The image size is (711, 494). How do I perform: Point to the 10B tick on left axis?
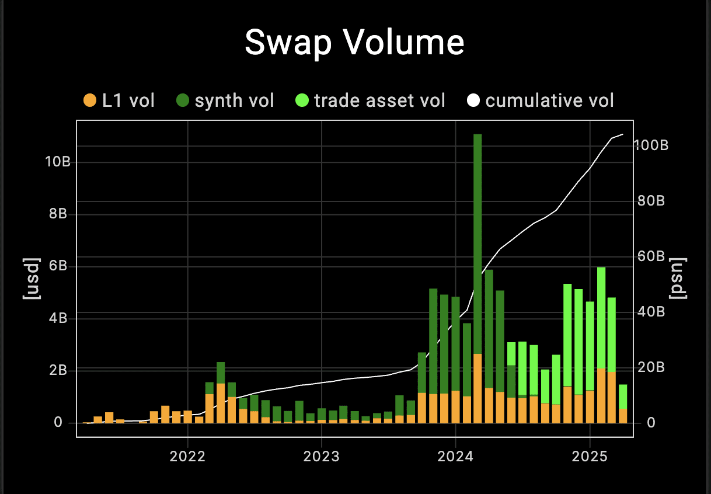pos(58,162)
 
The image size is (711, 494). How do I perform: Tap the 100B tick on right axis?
pos(650,145)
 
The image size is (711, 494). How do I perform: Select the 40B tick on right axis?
pos(650,312)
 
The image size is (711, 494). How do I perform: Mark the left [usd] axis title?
pos(30,278)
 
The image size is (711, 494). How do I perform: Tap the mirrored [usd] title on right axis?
pos(679,278)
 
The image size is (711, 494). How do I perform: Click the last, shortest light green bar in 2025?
pos(623,396)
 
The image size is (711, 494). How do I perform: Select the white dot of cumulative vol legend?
pos(473,100)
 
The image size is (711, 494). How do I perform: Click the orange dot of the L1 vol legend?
pos(90,100)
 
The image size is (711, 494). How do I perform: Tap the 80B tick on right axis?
pos(650,201)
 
